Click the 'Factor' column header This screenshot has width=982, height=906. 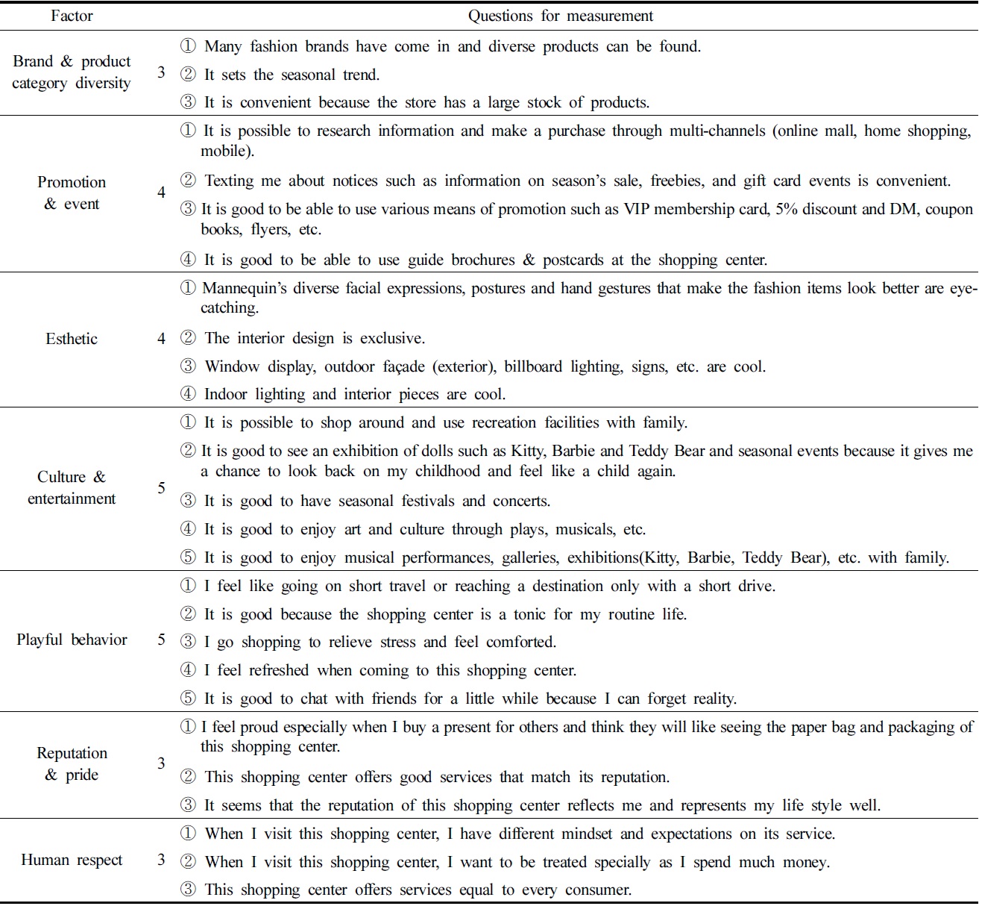coord(72,16)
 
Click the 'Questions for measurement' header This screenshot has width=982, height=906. coord(560,16)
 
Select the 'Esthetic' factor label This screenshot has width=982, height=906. coord(72,339)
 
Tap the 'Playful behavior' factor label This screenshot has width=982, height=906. coord(72,640)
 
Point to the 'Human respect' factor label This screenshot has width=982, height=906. coord(72,860)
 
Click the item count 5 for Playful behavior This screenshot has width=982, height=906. coord(161,640)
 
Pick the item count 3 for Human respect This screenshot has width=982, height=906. coord(161,860)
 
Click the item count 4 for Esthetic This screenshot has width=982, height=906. coord(161,339)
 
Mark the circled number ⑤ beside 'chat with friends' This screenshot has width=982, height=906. coord(189,699)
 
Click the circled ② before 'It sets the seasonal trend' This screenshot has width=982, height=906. coord(189,75)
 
